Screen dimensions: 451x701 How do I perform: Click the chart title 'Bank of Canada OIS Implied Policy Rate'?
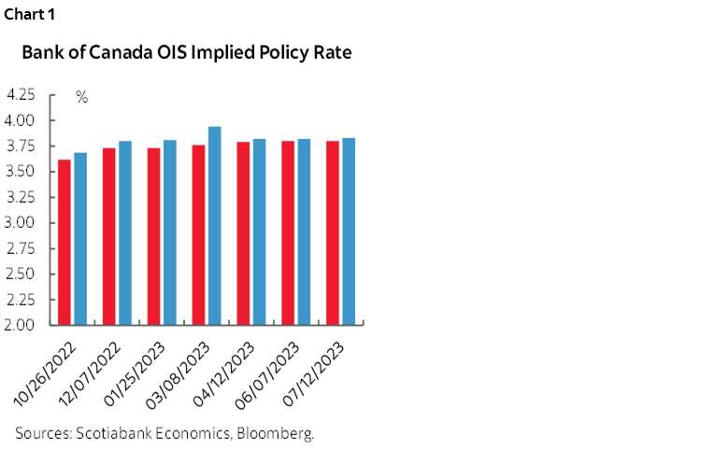pos(187,53)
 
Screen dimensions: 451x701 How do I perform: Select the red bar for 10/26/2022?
pos(64,243)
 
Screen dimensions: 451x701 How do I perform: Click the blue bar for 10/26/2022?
pos(80,239)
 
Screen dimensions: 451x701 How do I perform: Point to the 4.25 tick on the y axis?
pos(21,95)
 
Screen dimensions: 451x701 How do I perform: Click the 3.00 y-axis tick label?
pos(21,223)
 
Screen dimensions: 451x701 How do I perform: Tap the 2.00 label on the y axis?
pos(21,326)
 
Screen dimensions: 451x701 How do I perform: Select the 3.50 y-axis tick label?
pos(21,172)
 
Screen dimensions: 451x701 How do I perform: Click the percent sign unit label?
pos(81,97)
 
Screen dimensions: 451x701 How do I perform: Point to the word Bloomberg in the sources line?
pos(279,433)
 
